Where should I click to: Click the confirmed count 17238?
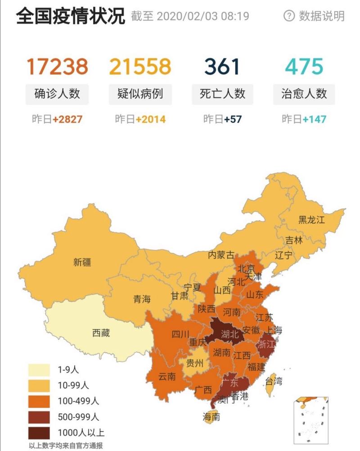point(57,67)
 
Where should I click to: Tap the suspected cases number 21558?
point(140,67)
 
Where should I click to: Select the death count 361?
point(222,67)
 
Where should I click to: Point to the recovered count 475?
point(304,67)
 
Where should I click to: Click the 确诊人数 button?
point(57,94)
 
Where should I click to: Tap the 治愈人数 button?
point(304,94)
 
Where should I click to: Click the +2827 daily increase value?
point(67,119)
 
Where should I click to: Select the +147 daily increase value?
point(314,119)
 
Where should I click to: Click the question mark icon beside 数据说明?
point(288,16)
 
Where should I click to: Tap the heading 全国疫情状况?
point(71,16)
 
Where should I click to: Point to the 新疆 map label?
point(82,262)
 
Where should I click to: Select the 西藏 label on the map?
point(101,333)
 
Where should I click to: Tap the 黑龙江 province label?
point(311,220)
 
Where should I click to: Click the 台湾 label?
point(274,381)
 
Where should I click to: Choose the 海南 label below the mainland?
point(211,417)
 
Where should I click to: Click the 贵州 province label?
point(195,363)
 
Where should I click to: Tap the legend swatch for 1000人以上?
point(40,433)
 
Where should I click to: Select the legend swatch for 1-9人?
point(40,370)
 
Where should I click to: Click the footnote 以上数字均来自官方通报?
point(66,446)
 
